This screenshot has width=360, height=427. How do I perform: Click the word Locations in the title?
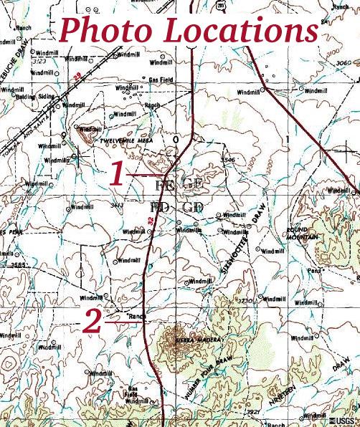[240, 30]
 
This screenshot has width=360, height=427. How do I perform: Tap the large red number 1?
[118, 174]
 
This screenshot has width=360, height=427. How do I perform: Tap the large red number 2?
[92, 322]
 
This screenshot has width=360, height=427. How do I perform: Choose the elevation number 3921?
[252, 412]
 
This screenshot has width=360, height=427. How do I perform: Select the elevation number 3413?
[117, 206]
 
